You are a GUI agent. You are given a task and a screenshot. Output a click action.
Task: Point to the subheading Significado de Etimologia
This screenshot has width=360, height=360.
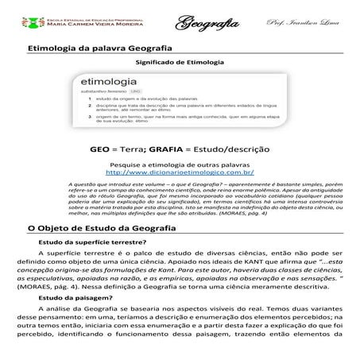coord(180,61)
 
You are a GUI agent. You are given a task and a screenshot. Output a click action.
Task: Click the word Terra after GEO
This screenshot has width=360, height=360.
coord(149,149)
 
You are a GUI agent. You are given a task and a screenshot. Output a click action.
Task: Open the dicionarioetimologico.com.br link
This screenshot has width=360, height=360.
coord(180,172)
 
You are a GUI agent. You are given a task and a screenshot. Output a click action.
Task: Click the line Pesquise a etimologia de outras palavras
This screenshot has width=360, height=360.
coord(180,163)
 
